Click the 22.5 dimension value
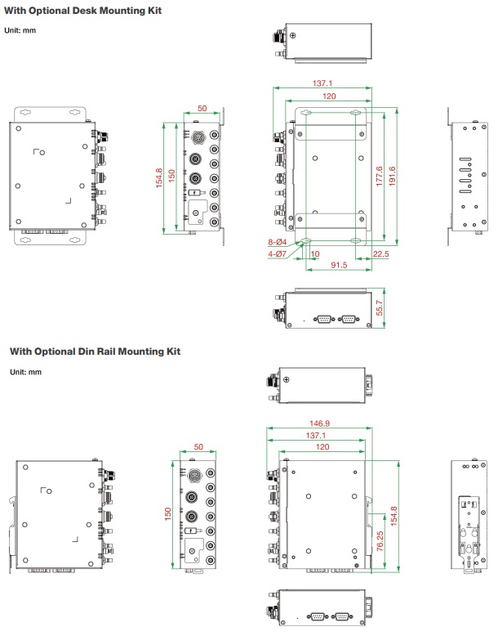pos(380,253)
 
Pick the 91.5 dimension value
pos(339,265)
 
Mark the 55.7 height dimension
pos(378,307)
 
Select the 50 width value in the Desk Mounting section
pos(202,109)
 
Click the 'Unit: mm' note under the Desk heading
pos(23,30)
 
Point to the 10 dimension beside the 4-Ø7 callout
pos(315,253)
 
